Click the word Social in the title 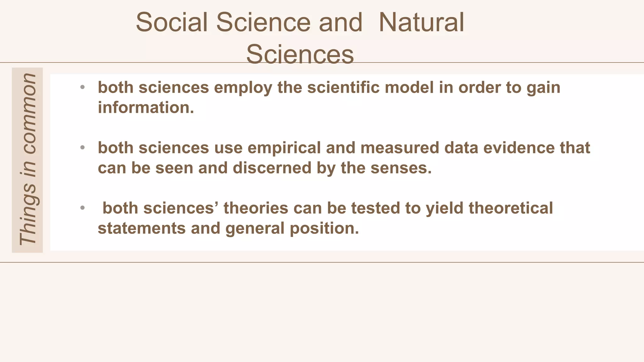pos(172,22)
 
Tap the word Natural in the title pos(421,22)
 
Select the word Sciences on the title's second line pos(300,54)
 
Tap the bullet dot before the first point pos(82,87)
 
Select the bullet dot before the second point pos(82,147)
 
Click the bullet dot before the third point pos(82,208)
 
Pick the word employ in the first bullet pos(243,88)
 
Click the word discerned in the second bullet pos(272,168)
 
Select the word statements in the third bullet pos(142,228)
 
